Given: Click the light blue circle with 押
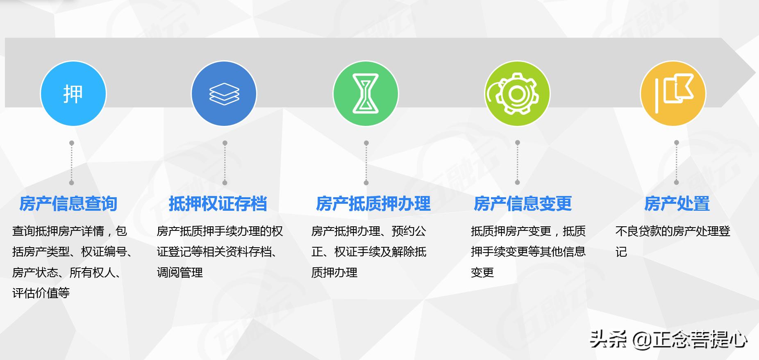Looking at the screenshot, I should pos(73,93).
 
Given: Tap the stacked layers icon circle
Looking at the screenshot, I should pos(224,93).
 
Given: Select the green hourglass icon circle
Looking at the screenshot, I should pos(366,93).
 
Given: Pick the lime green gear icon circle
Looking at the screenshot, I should pos(517,93).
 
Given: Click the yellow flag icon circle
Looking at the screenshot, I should pos(673,93).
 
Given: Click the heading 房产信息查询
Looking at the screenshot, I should pos(68,203).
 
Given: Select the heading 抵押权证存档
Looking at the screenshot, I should pos(218,203).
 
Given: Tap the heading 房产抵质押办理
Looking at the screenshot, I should pos(373,203).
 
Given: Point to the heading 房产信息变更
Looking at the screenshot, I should pos(523,203).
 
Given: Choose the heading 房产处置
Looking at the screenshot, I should pos(677,203).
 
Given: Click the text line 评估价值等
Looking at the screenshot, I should pos(41,293).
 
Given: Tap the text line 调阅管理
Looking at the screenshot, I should pos(180,272).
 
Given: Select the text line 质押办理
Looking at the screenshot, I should pos(334,272).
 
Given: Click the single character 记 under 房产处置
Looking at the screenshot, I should pos(621,252).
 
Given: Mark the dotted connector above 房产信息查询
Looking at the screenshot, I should pos(72,163).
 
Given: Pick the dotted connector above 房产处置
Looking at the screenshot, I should pos(676,163).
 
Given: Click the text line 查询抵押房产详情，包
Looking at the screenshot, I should pos(70,231).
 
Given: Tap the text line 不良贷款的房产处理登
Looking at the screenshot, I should pos(673,231).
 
